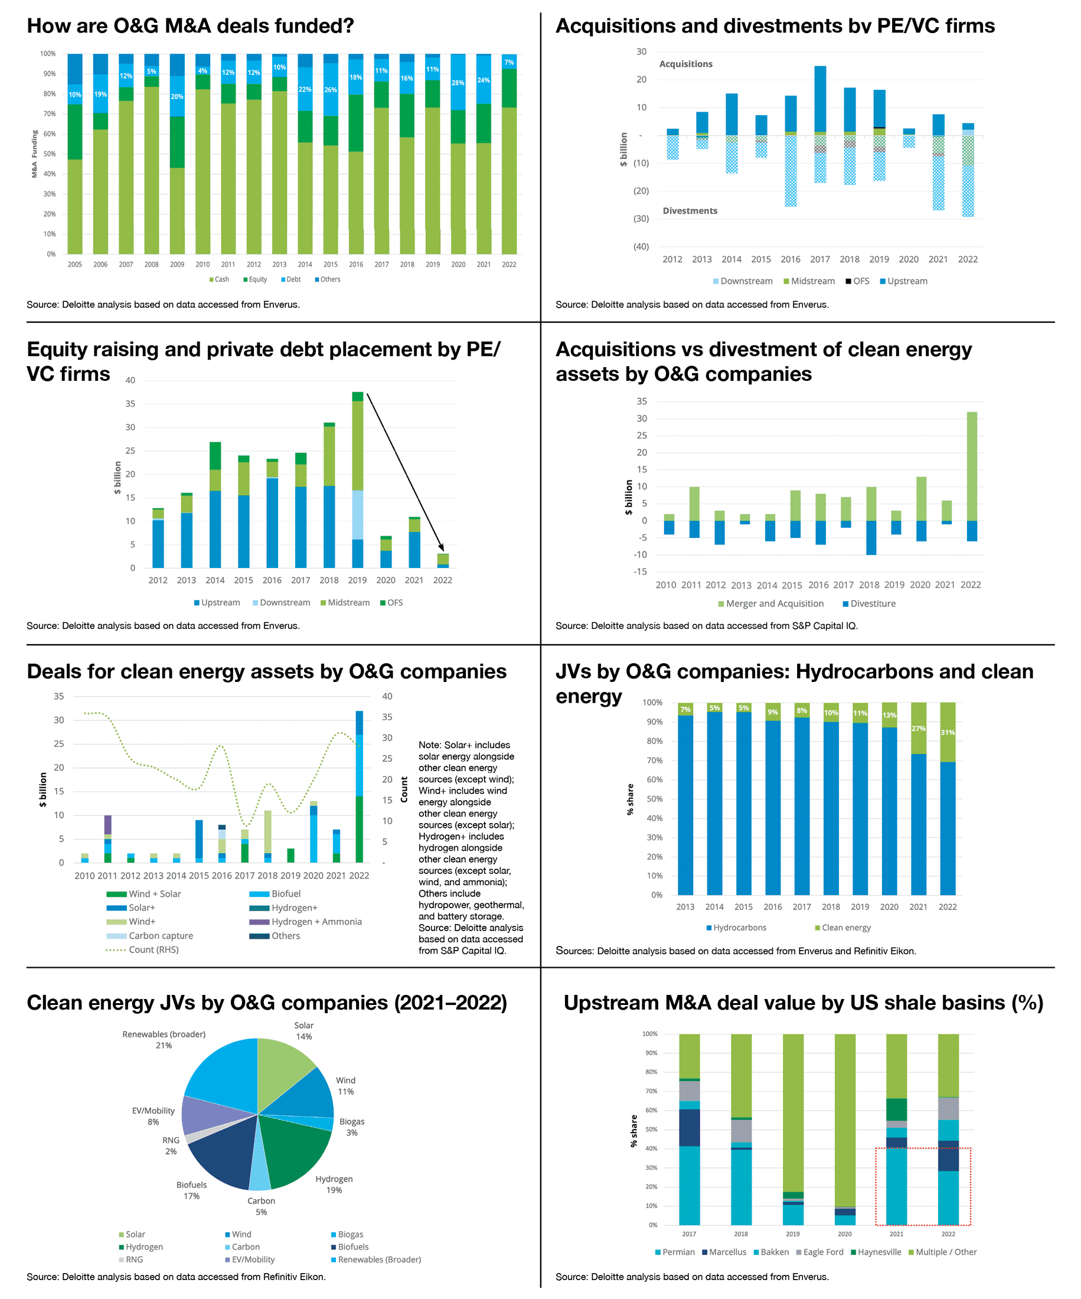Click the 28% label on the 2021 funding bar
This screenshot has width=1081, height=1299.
click(458, 83)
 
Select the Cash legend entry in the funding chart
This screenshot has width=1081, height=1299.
click(219, 280)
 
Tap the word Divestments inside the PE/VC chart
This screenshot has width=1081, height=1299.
click(690, 211)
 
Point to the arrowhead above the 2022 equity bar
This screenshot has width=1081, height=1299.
click(442, 547)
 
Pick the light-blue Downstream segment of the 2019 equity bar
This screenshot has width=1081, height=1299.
click(357, 515)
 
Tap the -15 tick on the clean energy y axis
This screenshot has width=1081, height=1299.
click(640, 572)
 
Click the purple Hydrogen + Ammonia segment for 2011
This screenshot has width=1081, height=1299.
click(107, 824)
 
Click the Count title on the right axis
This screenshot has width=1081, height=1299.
click(404, 790)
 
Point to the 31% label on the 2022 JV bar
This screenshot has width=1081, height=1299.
click(948, 732)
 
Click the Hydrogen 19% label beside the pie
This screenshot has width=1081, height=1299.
click(334, 1184)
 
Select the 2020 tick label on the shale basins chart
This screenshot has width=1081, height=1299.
click(845, 1234)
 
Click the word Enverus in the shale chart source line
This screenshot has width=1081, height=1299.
click(810, 1277)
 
